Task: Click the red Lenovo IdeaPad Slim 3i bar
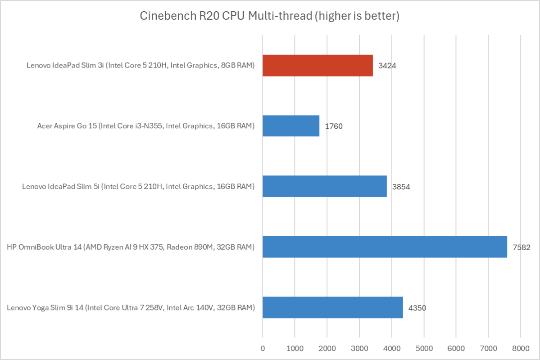pyautogui.click(x=318, y=65)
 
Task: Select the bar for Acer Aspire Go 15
pyautogui.click(x=290, y=126)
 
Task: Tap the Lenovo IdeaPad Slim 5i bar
pyautogui.click(x=324, y=186)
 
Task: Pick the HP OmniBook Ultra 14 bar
pyautogui.click(x=385, y=247)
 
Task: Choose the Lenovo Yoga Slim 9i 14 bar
pyautogui.click(x=332, y=307)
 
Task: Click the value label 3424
pyautogui.click(x=387, y=66)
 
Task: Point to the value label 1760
pyautogui.click(x=334, y=126)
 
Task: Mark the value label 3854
pyautogui.click(x=401, y=187)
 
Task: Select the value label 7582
pyautogui.click(x=522, y=247)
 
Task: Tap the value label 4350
pyautogui.click(x=417, y=308)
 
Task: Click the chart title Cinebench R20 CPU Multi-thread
pyautogui.click(x=270, y=17)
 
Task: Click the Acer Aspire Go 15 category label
pyautogui.click(x=146, y=126)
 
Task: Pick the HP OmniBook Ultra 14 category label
pyautogui.click(x=131, y=247)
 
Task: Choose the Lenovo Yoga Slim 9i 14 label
pyautogui.click(x=131, y=308)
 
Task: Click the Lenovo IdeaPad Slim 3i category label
pyautogui.click(x=141, y=66)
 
